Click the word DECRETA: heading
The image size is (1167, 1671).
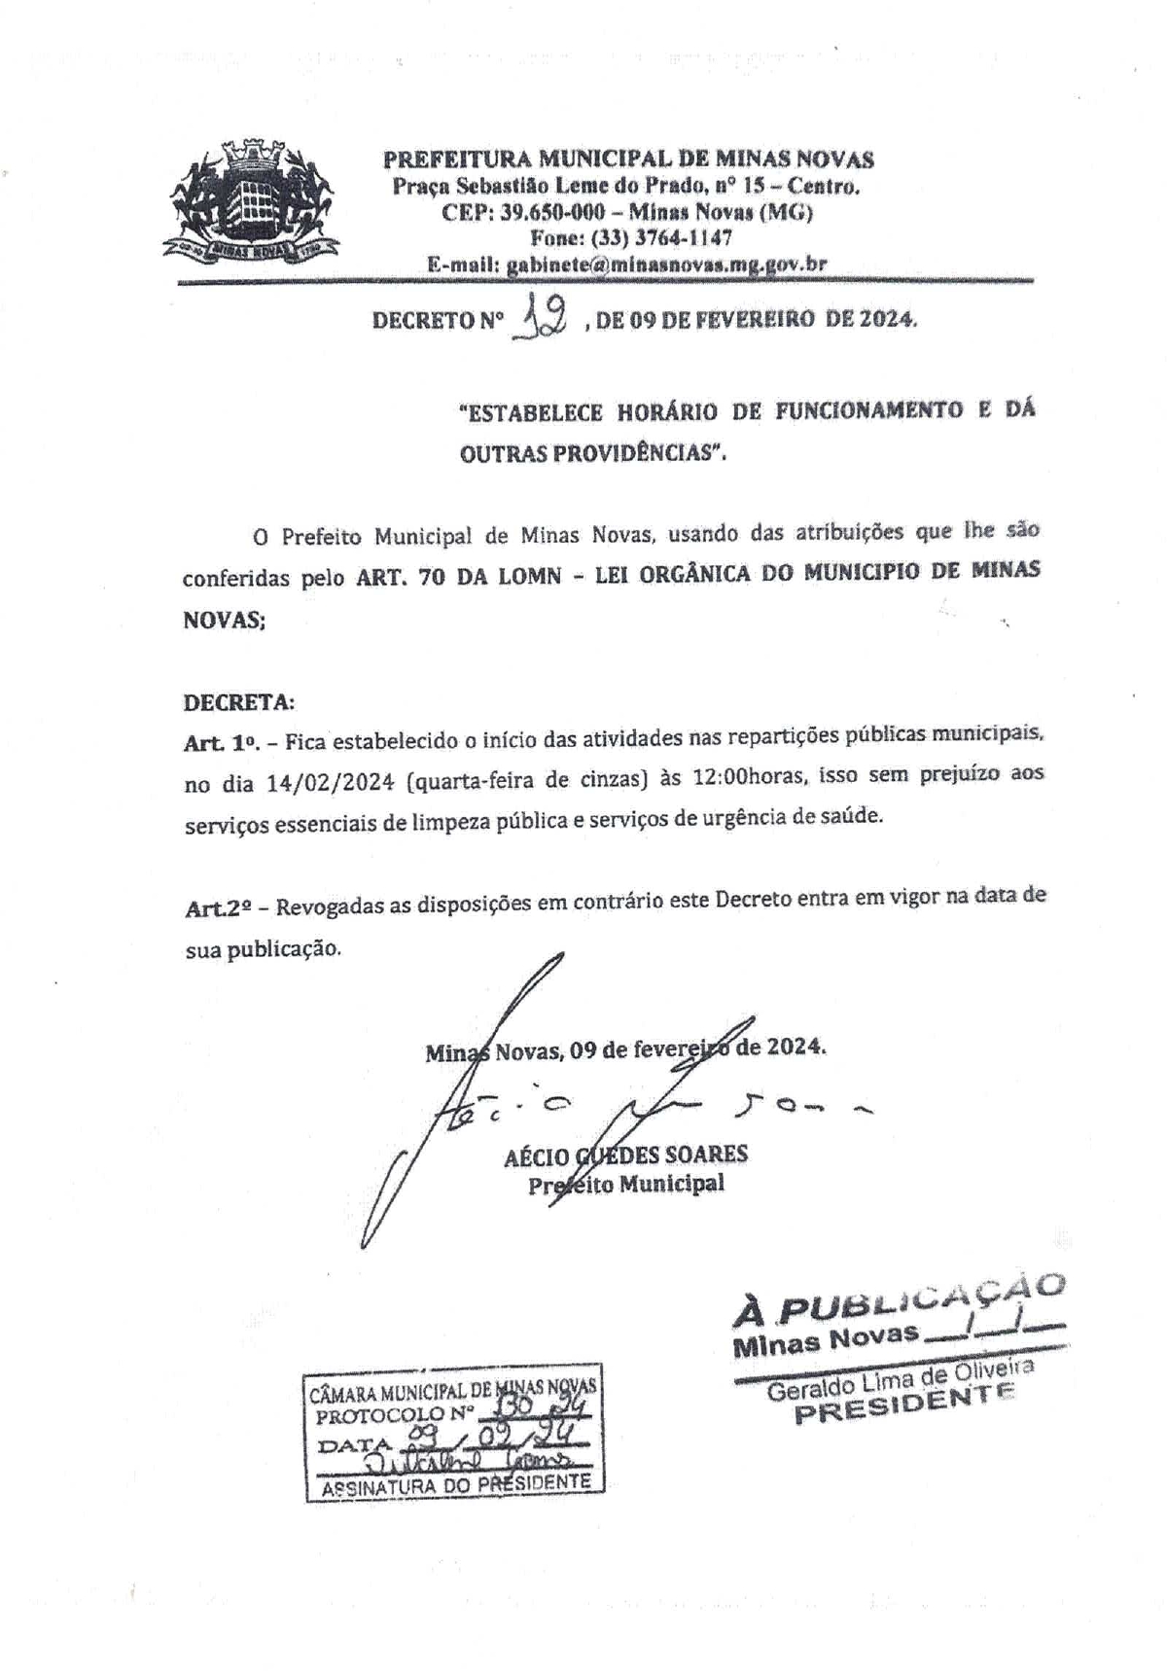tap(238, 701)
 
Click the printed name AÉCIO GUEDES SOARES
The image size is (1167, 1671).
tap(625, 1155)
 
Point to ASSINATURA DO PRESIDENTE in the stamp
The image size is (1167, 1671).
tap(456, 1484)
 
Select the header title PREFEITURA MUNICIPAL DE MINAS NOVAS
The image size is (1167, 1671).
tap(628, 159)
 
